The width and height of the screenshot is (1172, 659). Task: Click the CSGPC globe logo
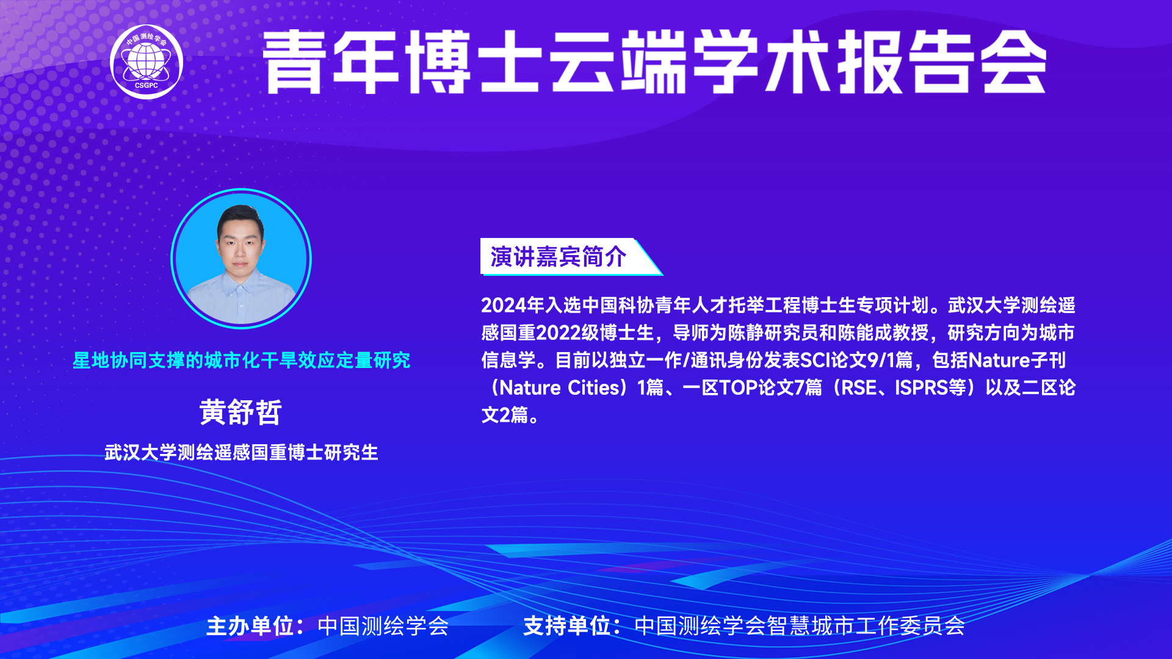click(x=146, y=62)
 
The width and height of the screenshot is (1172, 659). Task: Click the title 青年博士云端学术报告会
click(x=654, y=62)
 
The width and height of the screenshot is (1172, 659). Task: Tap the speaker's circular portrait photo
click(x=241, y=259)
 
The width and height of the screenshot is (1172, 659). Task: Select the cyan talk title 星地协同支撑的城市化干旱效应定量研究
click(x=241, y=360)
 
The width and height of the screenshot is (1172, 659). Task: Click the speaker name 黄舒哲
click(x=241, y=412)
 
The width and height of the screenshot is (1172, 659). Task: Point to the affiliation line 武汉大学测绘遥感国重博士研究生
click(x=241, y=453)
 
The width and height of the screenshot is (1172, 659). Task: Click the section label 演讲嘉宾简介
click(x=558, y=257)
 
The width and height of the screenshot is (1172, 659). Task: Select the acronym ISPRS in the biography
click(x=921, y=387)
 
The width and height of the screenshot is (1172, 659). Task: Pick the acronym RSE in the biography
click(x=859, y=387)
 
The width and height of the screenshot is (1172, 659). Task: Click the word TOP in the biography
click(x=739, y=387)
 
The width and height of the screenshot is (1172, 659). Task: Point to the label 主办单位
click(x=250, y=626)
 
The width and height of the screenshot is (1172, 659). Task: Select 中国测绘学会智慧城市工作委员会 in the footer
click(x=800, y=626)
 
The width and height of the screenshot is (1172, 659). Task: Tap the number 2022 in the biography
click(x=559, y=333)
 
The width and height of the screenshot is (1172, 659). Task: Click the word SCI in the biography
click(x=815, y=360)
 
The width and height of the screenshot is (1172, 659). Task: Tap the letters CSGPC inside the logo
click(x=146, y=85)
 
